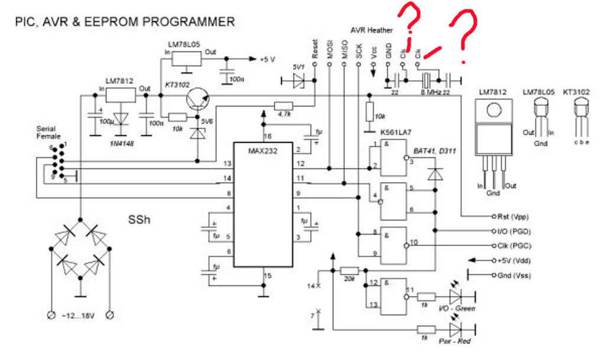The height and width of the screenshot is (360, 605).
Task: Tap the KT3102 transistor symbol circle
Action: point(197,99)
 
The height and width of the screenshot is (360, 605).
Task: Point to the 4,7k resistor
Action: point(283,105)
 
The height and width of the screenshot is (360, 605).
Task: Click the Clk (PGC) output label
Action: point(515,245)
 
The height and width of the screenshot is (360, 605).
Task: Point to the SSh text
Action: point(141,220)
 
